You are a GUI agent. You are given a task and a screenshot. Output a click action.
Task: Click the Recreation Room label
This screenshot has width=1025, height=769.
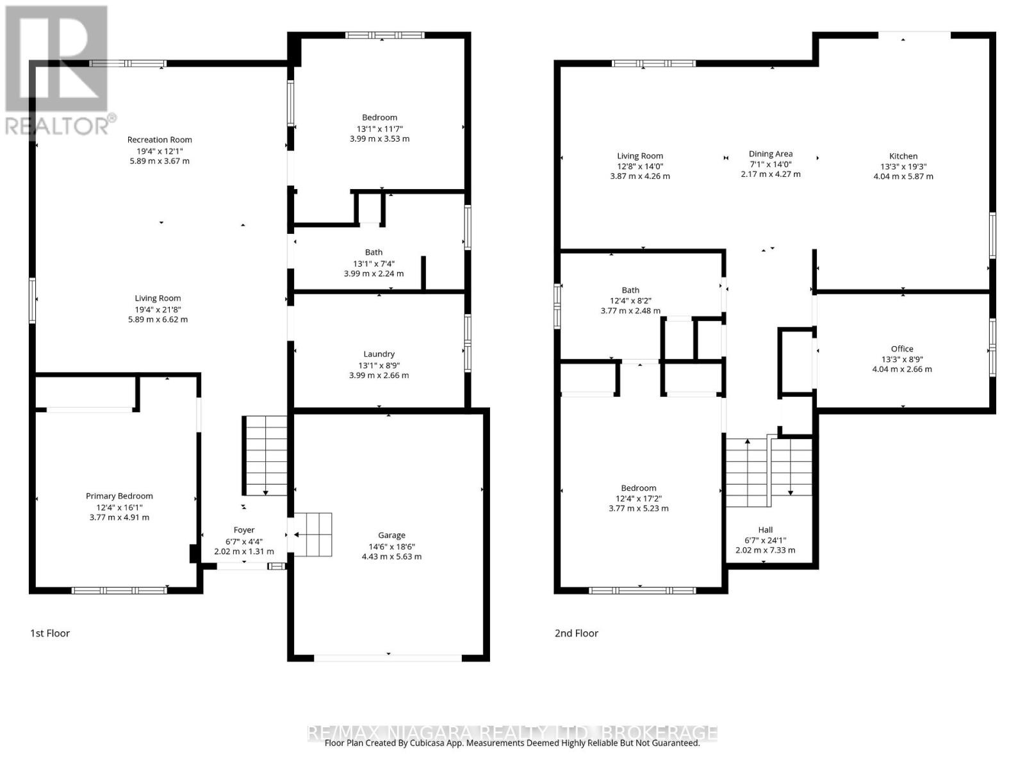(x=160, y=140)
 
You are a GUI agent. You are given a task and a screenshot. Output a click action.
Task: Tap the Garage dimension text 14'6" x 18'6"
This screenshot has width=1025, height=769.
(x=391, y=546)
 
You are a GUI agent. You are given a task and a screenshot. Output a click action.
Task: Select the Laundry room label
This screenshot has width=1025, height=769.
(x=379, y=354)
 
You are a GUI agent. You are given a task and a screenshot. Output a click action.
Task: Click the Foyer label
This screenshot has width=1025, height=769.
(x=244, y=530)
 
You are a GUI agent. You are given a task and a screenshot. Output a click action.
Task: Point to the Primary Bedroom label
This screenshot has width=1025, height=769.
(x=119, y=496)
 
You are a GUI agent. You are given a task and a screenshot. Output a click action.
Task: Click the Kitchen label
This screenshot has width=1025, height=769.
(x=903, y=156)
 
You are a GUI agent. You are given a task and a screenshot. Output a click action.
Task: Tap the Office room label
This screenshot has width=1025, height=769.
(x=902, y=349)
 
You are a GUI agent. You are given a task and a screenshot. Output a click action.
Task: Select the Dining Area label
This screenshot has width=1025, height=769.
(x=771, y=154)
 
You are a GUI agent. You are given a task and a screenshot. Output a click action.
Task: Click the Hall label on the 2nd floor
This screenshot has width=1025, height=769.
(x=766, y=529)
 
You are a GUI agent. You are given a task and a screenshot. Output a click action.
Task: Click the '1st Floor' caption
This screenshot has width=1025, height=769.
(x=50, y=633)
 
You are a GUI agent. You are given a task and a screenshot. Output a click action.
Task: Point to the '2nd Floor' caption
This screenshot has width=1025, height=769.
(x=577, y=633)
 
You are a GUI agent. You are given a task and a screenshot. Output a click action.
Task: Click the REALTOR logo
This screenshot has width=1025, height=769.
(x=58, y=70)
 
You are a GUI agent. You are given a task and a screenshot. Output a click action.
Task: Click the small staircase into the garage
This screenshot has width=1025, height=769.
(x=313, y=534)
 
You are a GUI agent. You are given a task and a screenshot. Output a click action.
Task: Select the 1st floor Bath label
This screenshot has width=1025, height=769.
(x=373, y=252)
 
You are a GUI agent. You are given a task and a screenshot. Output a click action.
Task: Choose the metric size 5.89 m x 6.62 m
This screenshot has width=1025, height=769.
(x=158, y=319)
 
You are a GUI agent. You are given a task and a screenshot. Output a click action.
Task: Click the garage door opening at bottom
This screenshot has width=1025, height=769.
(x=388, y=657)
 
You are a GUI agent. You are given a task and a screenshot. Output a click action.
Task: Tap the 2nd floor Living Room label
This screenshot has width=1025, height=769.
(x=640, y=156)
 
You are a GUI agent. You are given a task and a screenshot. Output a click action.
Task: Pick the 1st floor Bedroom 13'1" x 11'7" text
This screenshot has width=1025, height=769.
(x=380, y=128)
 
